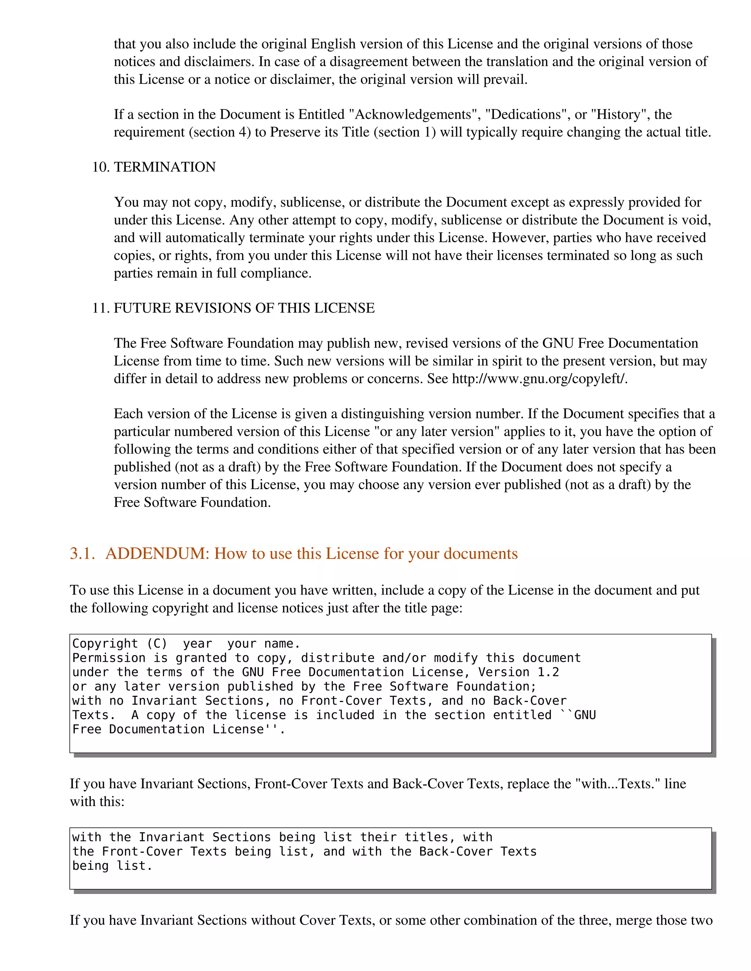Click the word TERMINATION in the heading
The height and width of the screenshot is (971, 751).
(165, 167)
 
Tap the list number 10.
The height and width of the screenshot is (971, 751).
(100, 167)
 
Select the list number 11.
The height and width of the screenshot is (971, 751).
(100, 308)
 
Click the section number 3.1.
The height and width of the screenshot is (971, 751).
(82, 554)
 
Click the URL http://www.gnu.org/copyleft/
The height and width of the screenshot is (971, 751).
(539, 379)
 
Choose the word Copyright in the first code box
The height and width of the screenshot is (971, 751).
(105, 644)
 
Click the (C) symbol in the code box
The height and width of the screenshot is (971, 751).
(157, 644)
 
